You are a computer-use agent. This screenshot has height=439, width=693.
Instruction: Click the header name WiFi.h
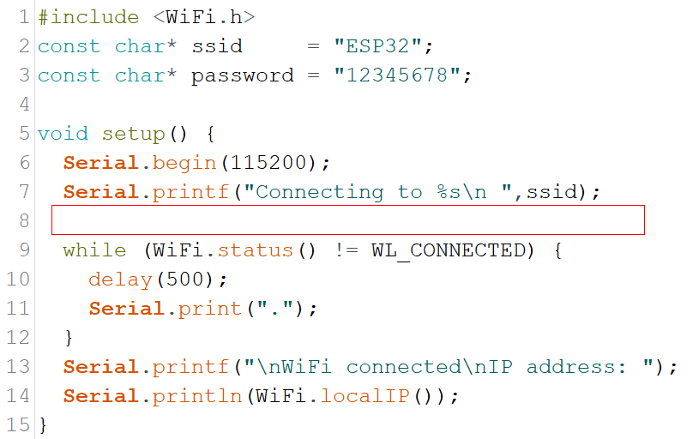tap(204, 17)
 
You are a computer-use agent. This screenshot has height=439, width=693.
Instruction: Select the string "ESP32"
tap(377, 46)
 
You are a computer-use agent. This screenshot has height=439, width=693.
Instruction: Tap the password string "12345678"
tap(397, 75)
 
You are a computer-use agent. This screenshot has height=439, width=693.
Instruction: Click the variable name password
tap(243, 76)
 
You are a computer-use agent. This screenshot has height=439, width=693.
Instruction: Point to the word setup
tap(134, 135)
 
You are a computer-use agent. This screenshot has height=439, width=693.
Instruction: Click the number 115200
tap(268, 163)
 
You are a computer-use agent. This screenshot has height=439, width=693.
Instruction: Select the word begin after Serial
tap(184, 164)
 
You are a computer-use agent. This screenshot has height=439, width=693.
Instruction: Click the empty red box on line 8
tap(348, 220)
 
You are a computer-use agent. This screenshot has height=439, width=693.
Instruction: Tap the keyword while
tap(94, 250)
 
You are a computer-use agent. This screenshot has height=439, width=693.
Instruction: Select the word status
tap(256, 250)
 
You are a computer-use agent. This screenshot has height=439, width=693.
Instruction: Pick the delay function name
tap(120, 280)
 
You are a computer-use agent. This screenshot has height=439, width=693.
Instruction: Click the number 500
tap(185, 280)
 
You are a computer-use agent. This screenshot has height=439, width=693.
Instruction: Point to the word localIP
tap(365, 396)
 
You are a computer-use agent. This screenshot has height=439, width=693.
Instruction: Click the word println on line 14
tap(197, 397)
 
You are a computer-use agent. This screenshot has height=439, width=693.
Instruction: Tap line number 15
tap(18, 425)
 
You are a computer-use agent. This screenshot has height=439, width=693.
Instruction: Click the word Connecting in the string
tap(320, 193)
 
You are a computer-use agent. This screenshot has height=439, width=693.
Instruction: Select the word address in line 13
tap(571, 367)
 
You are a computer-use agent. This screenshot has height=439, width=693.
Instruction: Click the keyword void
tap(63, 134)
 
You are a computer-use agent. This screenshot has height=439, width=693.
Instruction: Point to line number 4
tap(24, 105)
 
